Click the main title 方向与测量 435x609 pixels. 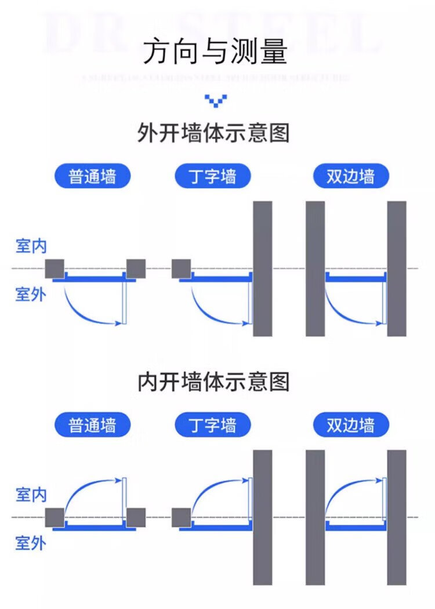215,52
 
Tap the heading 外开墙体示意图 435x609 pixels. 213,134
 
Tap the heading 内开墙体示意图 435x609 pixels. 213,382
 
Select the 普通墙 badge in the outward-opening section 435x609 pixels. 92,176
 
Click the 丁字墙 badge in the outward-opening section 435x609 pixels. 213,176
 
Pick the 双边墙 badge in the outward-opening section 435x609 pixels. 350,176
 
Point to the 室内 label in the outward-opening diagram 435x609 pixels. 31,246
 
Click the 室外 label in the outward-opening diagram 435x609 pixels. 31,295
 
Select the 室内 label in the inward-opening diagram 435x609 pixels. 31,495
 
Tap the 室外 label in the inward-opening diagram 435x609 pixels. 31,543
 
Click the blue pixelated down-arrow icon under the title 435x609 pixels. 216,100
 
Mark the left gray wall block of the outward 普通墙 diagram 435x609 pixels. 55,268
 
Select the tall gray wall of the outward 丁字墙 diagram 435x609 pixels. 262,268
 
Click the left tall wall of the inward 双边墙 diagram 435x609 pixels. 315,517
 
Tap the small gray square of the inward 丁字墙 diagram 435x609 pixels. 181,517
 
